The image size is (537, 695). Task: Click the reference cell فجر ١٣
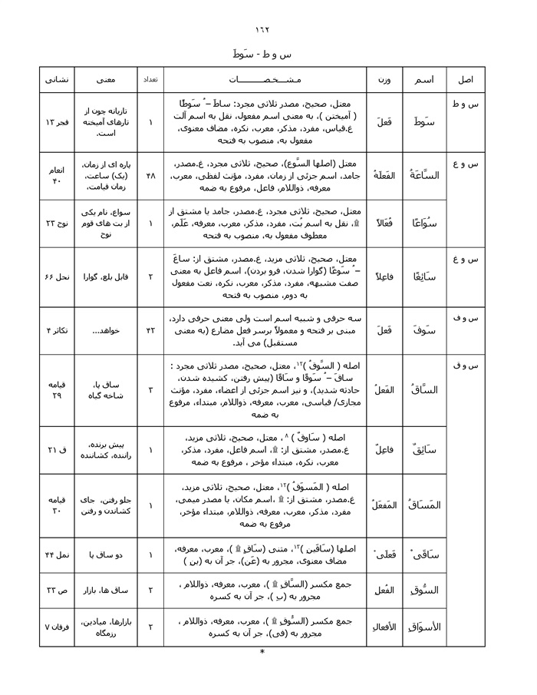pyautogui.click(x=58, y=122)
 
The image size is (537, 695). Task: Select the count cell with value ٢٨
pyautogui.click(x=150, y=175)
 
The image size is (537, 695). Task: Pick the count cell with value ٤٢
pyautogui.click(x=150, y=329)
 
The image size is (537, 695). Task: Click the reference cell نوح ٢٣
pyautogui.click(x=58, y=223)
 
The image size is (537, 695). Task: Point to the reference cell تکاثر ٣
pyautogui.click(x=58, y=329)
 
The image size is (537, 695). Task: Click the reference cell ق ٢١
pyautogui.click(x=58, y=448)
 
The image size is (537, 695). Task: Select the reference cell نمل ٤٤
pyautogui.click(x=58, y=554)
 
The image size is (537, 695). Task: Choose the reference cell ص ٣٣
pyautogui.click(x=58, y=590)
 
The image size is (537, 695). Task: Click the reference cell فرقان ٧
pyautogui.click(x=58, y=627)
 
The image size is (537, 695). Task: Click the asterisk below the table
pyautogui.click(x=262, y=653)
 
